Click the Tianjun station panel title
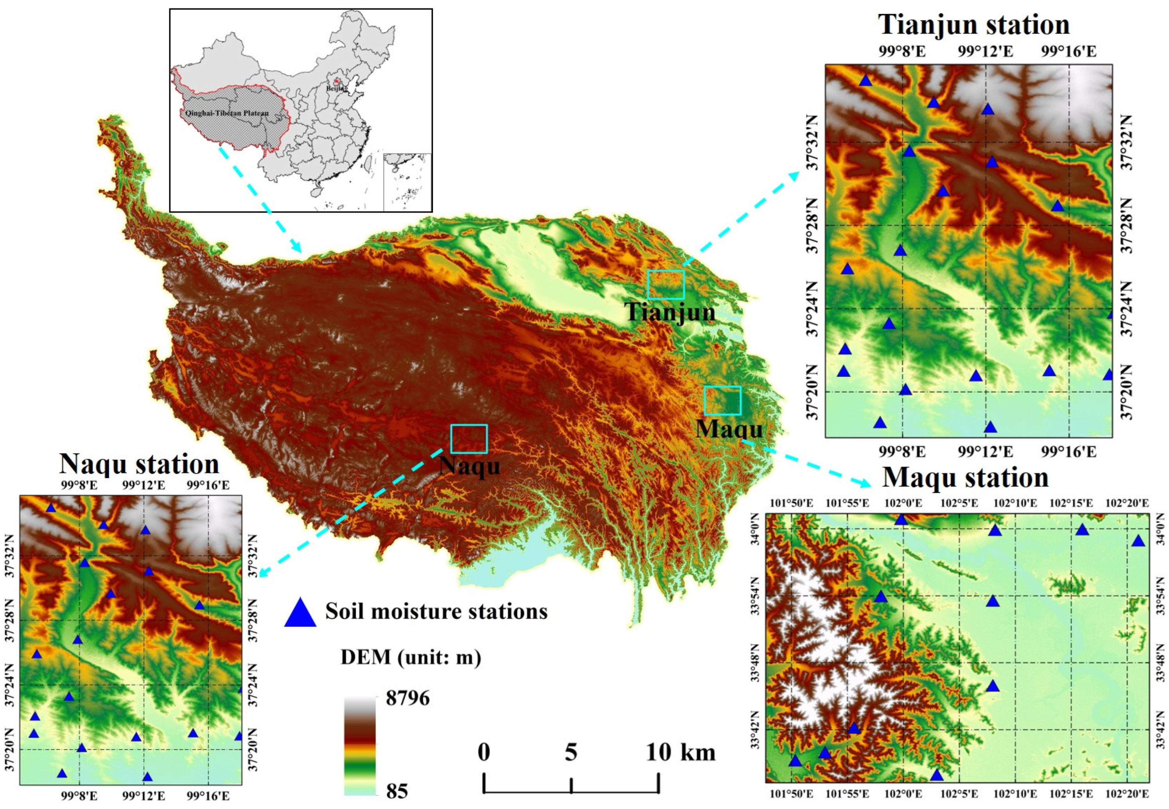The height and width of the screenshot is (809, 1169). [x=973, y=24]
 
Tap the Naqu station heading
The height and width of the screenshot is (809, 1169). [x=139, y=463]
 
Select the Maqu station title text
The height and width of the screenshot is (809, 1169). [x=965, y=477]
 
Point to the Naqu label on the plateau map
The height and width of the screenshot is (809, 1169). [x=469, y=465]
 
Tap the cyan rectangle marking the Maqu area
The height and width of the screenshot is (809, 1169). [x=722, y=400]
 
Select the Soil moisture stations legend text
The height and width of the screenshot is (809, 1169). [x=436, y=611]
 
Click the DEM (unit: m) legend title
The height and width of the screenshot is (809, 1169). [x=411, y=657]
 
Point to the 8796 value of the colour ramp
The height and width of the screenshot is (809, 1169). [x=408, y=698]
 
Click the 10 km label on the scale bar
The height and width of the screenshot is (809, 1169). [x=680, y=753]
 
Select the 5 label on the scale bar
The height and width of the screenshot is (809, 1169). [x=571, y=753]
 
